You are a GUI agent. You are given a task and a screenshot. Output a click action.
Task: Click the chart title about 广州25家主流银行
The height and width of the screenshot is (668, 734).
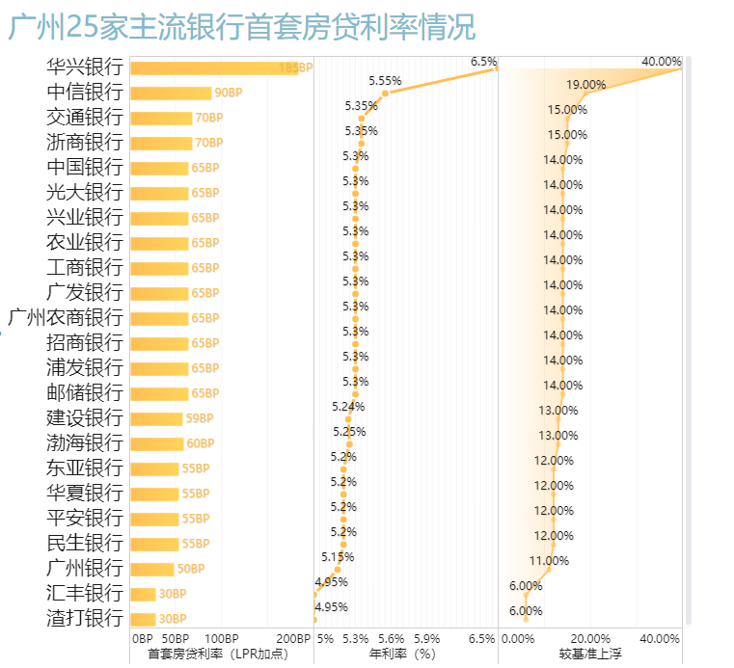(x=242, y=27)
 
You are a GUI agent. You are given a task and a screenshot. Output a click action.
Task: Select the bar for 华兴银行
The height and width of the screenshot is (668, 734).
(x=213, y=68)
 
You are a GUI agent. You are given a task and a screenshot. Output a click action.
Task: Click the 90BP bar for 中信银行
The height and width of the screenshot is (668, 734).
(x=171, y=94)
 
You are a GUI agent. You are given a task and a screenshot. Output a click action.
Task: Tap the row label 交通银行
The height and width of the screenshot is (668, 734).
(x=85, y=118)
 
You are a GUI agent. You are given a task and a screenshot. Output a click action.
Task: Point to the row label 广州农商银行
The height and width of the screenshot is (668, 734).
(x=66, y=318)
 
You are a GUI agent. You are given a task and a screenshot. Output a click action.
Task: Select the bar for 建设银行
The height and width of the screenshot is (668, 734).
(x=156, y=419)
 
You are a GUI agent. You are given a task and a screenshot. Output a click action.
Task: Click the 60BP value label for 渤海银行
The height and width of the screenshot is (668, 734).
(x=200, y=444)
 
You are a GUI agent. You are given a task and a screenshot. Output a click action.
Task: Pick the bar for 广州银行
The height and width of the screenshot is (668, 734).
(x=152, y=570)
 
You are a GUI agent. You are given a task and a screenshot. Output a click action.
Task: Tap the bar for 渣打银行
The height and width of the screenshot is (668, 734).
(x=143, y=620)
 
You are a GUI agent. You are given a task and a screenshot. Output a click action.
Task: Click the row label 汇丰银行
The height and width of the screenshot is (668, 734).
(x=85, y=594)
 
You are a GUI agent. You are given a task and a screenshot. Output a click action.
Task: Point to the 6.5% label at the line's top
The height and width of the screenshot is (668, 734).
(x=482, y=62)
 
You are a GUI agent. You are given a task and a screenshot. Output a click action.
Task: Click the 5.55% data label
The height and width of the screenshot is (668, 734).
(x=385, y=81)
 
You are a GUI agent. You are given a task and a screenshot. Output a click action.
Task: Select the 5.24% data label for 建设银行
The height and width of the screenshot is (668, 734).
(x=348, y=407)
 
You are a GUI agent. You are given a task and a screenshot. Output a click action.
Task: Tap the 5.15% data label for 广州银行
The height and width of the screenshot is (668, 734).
(x=338, y=557)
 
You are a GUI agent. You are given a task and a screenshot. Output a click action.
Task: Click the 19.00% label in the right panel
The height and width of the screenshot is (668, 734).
(x=585, y=85)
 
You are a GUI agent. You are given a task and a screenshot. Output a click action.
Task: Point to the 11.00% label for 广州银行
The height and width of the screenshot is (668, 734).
(x=549, y=561)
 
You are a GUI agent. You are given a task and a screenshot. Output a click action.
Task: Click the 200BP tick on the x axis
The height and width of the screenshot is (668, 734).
(x=293, y=639)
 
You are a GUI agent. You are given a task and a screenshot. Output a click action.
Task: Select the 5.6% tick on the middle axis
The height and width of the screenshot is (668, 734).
(x=391, y=639)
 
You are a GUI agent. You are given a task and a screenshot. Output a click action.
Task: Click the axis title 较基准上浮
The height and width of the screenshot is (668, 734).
(x=589, y=655)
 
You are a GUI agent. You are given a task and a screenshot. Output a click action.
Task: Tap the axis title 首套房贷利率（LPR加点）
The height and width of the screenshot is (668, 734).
(x=218, y=655)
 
